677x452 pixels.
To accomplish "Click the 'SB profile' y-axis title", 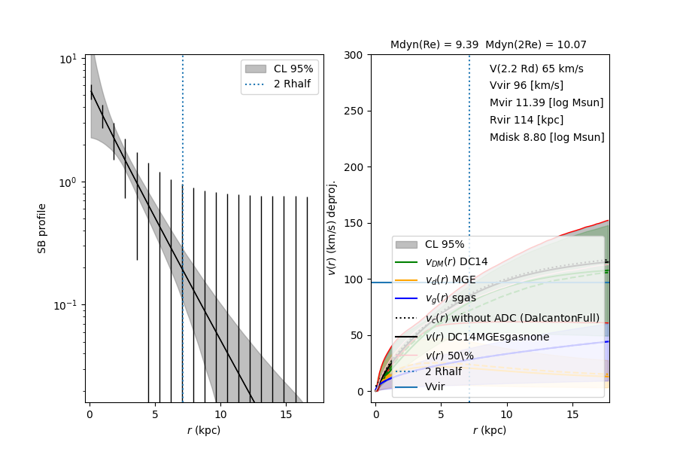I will tap(43, 228).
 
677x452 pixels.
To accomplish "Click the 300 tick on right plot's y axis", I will tap(354, 55).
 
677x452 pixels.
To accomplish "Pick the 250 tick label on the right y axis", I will tap(354, 111).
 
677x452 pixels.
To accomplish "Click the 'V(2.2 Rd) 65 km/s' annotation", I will tap(536, 69).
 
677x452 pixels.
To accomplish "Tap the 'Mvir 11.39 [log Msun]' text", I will tap(546, 102).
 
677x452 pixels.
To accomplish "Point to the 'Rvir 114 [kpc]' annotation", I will tap(526, 120).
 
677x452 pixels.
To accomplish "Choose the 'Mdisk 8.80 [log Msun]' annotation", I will tap(547, 137).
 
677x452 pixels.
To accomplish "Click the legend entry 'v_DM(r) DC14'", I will tap(457, 261).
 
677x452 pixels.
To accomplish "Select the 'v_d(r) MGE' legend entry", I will tap(451, 279).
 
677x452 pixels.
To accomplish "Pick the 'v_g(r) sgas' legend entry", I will tap(451, 298).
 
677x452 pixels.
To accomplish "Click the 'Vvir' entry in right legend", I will tap(435, 386).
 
